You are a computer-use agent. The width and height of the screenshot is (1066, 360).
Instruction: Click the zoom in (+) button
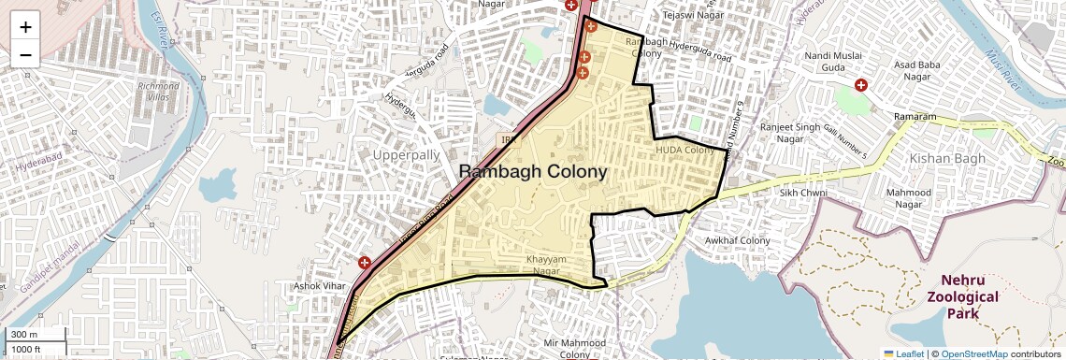pos(25,26)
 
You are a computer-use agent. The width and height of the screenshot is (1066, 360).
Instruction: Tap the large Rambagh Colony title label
pos(533,172)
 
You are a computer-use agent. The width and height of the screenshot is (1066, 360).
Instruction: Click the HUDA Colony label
pos(685,150)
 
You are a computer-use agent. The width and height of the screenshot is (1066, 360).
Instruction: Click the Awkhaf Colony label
pos(738,240)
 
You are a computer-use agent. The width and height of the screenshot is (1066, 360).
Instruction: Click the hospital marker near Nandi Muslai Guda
pos(861,84)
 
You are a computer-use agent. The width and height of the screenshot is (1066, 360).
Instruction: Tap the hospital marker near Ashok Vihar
pos(365,264)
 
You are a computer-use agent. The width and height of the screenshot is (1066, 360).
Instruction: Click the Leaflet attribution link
pos(905,353)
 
